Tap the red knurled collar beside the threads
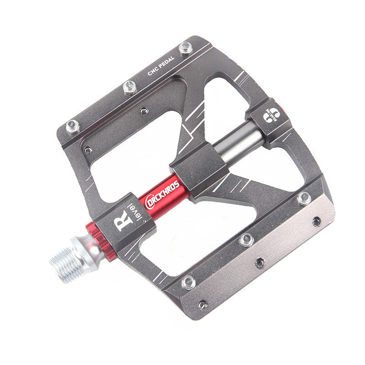pos(97,240)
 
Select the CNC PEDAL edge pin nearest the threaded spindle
pos(73,126)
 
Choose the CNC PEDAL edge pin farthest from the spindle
pos(186,47)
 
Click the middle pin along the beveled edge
pos(247,239)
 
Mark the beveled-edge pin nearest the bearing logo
pos(303,198)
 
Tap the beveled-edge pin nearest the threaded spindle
pos(188,282)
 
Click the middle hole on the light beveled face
pos(260,262)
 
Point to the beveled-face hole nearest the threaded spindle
pos(203,304)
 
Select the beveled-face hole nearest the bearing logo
pos(316,221)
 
